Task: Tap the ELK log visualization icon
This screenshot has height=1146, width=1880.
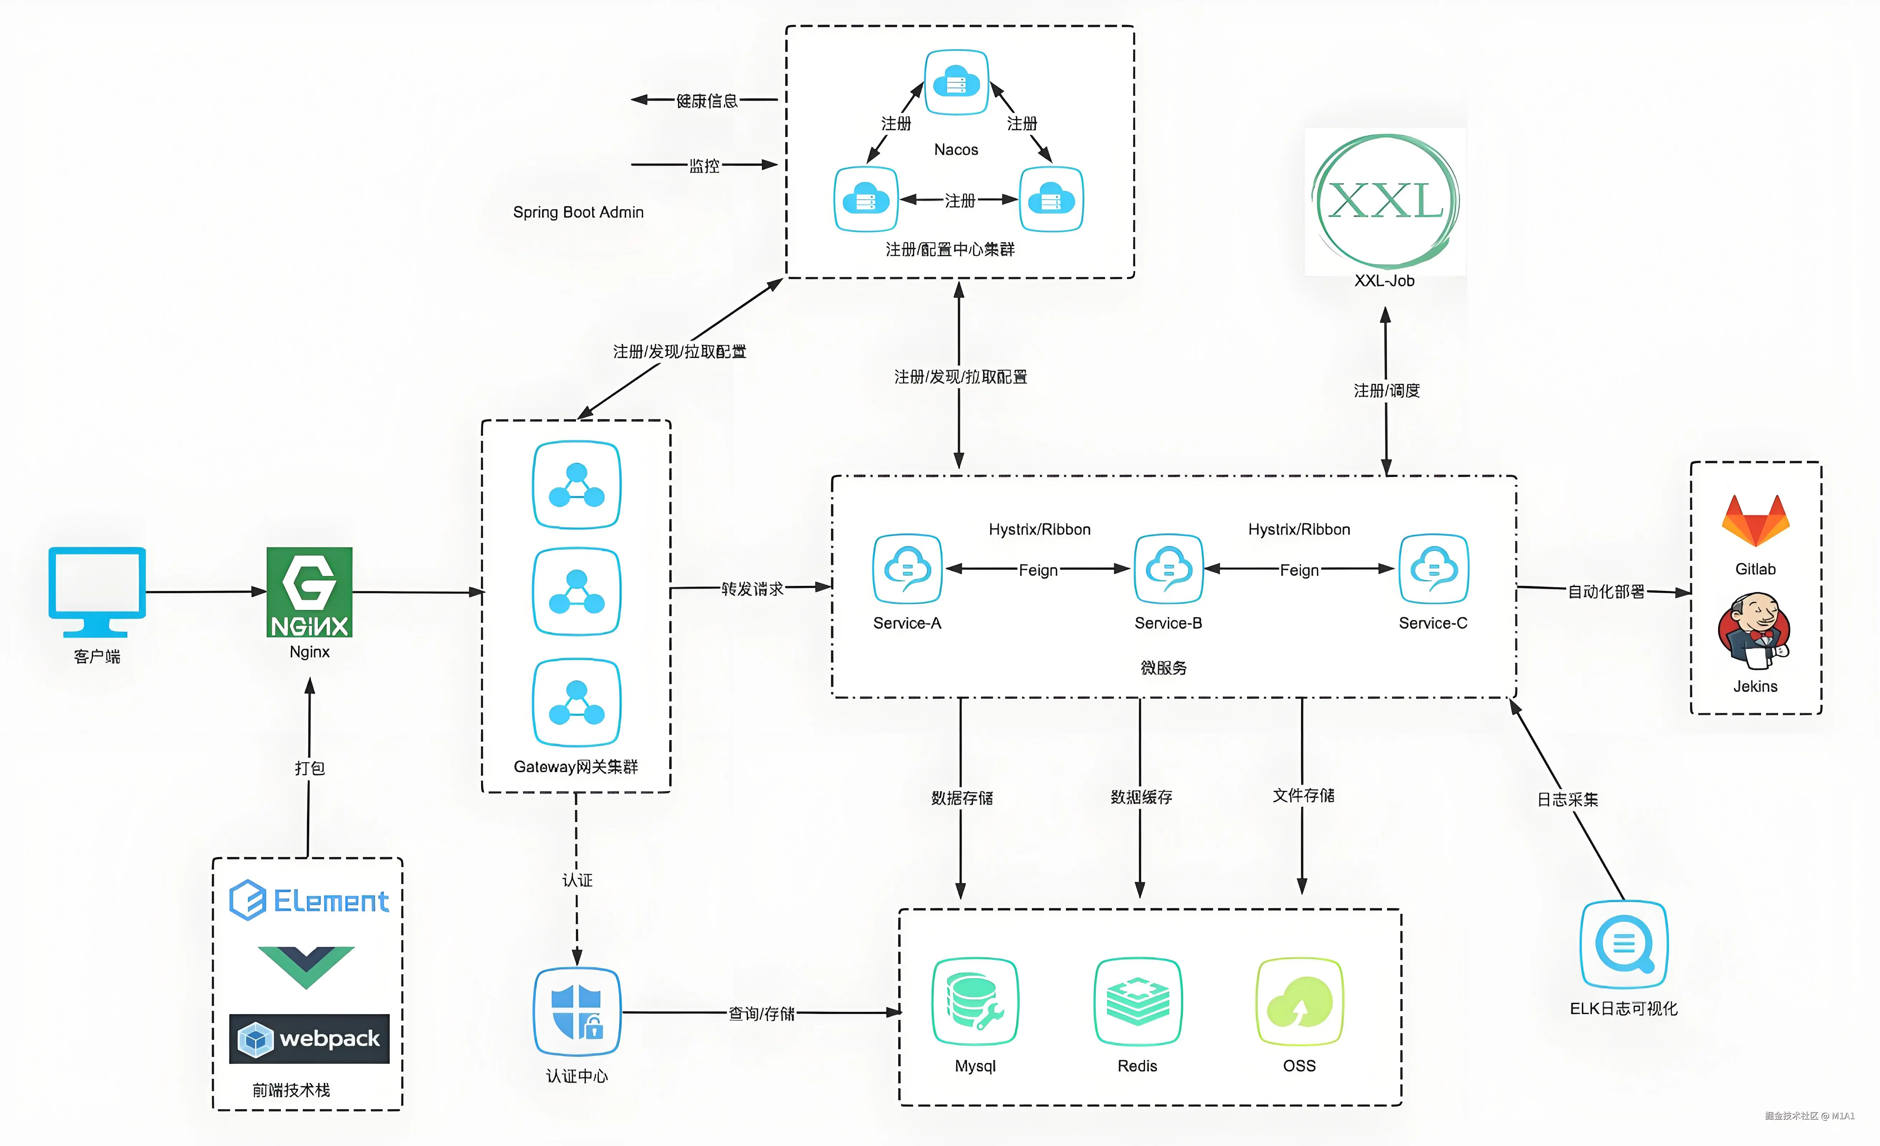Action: click(x=1624, y=945)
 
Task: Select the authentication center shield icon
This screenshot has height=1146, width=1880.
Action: click(x=577, y=1012)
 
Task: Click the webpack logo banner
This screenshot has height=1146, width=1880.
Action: click(x=309, y=1039)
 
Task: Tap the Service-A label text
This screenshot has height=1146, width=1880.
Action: click(x=907, y=623)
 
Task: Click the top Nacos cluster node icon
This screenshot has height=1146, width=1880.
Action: click(x=956, y=82)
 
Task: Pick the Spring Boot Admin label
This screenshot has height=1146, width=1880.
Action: click(x=578, y=212)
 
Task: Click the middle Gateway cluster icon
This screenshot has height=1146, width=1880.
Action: click(x=577, y=591)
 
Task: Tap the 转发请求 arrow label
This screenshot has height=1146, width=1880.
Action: click(x=752, y=588)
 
